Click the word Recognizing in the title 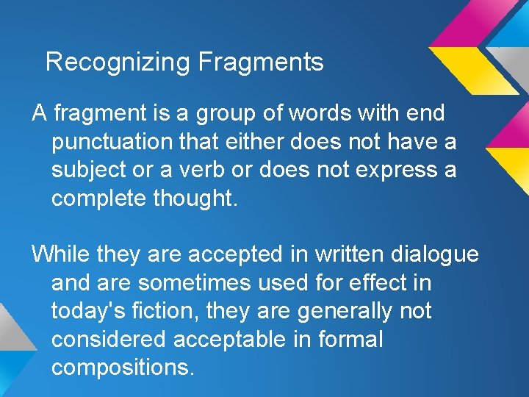click(118, 62)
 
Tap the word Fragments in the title click(261, 62)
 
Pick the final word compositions click(123, 367)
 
